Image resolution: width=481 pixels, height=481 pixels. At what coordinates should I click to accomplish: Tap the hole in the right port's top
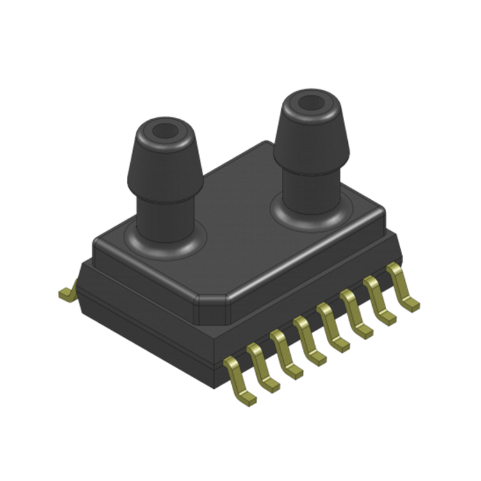coord(311,102)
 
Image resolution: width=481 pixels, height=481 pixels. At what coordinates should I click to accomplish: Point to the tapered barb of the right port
coord(311,138)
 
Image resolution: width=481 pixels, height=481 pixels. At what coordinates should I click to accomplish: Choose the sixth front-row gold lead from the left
coord(355,314)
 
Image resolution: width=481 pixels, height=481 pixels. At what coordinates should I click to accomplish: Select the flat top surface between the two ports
coord(237,205)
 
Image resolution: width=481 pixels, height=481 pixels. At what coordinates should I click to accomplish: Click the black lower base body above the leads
coord(147,307)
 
